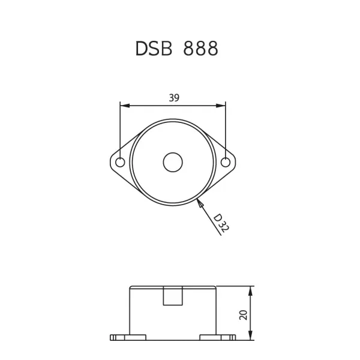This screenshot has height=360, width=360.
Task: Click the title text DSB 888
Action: (x=176, y=49)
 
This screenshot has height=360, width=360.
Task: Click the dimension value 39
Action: (x=173, y=98)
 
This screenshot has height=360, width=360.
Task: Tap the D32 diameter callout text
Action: (x=221, y=223)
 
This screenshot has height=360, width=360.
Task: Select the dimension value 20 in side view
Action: (x=244, y=314)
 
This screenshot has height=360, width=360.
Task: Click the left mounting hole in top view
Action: (x=120, y=163)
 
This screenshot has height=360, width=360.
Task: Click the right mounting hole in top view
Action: (x=226, y=163)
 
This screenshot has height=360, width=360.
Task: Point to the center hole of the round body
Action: (x=173, y=163)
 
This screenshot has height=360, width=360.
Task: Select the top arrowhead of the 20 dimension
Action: (x=250, y=290)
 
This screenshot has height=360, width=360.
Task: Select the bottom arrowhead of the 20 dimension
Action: (x=250, y=337)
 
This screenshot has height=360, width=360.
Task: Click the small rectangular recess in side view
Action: (x=173, y=296)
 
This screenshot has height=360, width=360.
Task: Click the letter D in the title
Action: (x=142, y=49)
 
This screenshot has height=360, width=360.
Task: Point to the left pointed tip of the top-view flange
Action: (x=111, y=163)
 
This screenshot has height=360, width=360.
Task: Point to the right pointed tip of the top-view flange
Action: (x=235, y=163)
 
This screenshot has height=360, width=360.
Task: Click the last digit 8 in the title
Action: (x=211, y=49)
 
